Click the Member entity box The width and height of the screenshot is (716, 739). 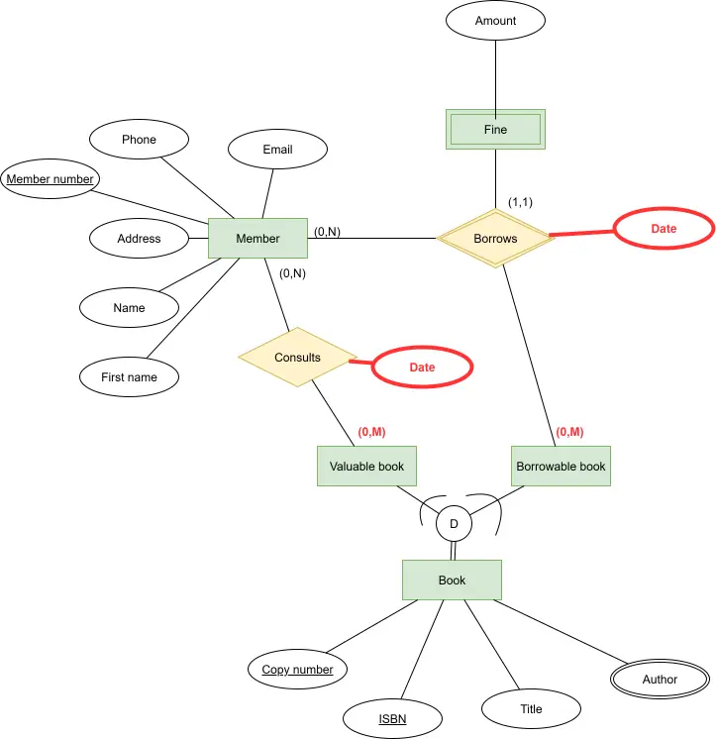[x=257, y=238]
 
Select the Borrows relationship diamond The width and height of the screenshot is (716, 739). [x=495, y=239]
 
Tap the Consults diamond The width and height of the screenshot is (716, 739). [x=297, y=358]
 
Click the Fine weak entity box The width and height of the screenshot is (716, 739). [x=495, y=129]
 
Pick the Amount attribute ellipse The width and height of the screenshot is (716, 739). [x=495, y=20]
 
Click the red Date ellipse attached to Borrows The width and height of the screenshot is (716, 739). [x=664, y=228]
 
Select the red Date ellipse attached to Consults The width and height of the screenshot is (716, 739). [x=422, y=368]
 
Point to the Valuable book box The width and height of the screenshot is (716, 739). [x=366, y=467]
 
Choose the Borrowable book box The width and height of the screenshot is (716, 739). [x=561, y=467]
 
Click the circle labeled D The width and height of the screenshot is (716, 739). [x=454, y=524]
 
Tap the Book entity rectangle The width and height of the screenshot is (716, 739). [x=452, y=581]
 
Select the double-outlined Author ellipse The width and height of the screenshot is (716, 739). [x=660, y=680]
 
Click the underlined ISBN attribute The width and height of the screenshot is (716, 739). [x=392, y=719]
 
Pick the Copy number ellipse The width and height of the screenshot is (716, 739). [x=297, y=670]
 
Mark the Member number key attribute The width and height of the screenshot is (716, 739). [x=50, y=178]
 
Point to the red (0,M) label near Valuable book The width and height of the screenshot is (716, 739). [x=371, y=432]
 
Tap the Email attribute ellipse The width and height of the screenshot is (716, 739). [x=277, y=149]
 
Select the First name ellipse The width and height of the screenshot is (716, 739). [x=129, y=377]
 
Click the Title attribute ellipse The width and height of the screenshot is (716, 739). [x=531, y=709]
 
